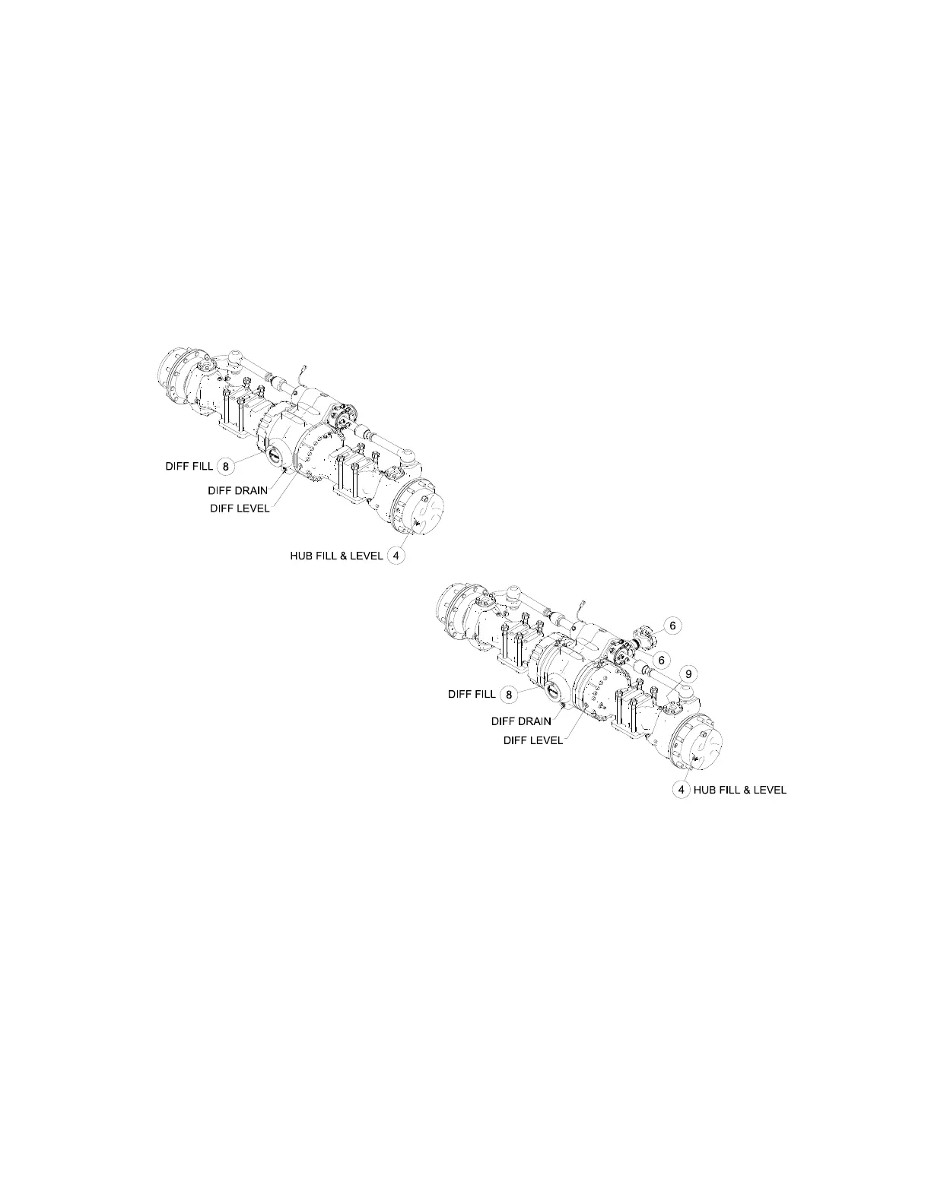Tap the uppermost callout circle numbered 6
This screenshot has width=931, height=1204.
pos(672,626)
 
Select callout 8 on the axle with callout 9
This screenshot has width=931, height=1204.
pos(510,693)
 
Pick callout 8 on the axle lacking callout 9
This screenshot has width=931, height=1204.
pos(225,465)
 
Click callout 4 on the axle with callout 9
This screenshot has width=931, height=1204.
pos(682,790)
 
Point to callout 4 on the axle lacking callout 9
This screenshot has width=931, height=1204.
pos(396,556)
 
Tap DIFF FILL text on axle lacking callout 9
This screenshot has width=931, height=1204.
pos(189,465)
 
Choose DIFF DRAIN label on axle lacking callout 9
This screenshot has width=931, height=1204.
pos(238,490)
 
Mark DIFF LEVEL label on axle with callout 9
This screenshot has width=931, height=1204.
pos(533,740)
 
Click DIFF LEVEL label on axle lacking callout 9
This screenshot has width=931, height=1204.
pos(240,509)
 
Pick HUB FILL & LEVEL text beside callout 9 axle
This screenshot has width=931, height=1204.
pos(739,790)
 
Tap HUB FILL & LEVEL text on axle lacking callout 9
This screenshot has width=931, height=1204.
pos(335,556)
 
